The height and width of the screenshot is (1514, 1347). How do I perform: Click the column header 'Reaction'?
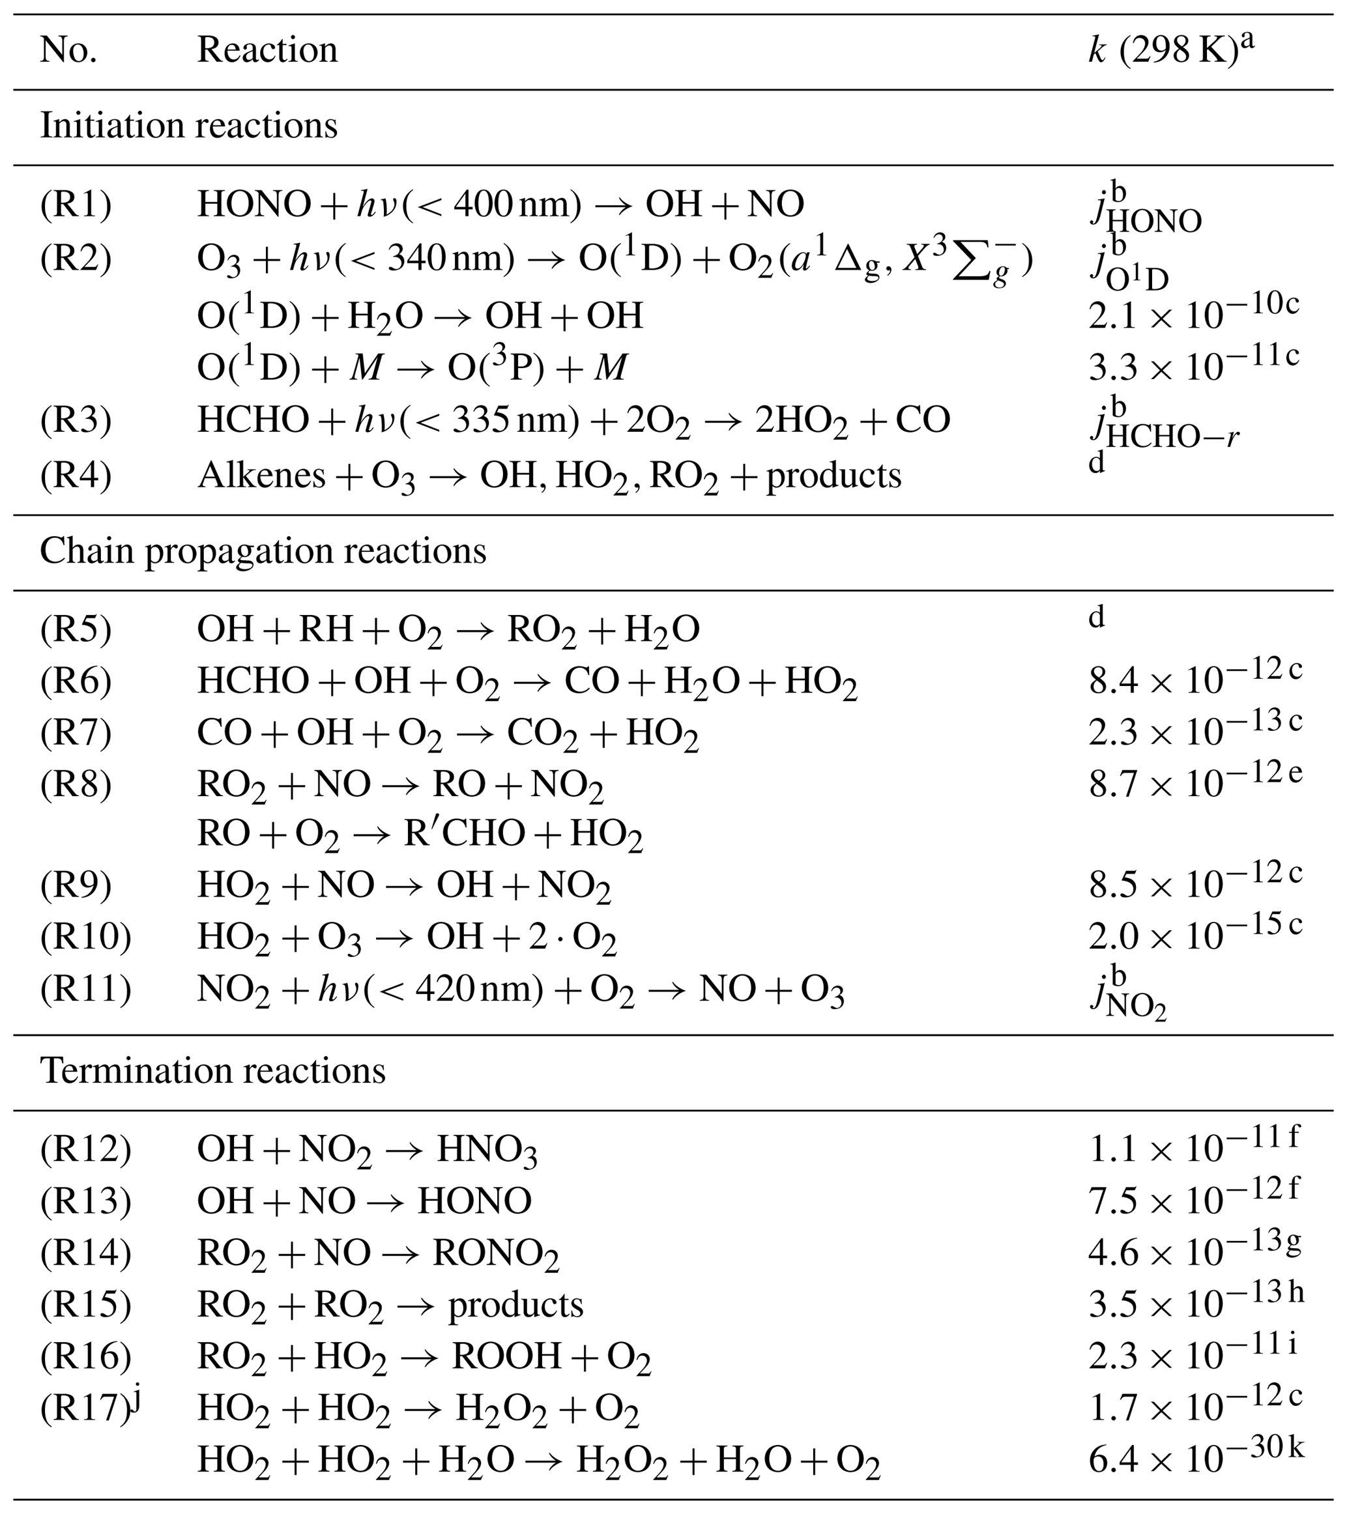pos(267,50)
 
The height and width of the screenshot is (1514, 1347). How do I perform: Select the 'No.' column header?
pos(68,50)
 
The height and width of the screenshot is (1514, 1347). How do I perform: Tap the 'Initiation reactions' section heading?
pos(188,126)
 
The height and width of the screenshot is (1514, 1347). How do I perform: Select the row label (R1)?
pos(76,205)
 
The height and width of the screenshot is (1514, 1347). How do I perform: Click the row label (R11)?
pos(85,990)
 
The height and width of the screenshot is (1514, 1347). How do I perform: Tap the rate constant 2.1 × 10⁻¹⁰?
pos(1193,314)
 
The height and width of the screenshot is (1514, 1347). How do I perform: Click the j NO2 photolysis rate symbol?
pos(1127,995)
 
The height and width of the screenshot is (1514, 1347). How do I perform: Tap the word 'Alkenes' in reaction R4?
pos(261,476)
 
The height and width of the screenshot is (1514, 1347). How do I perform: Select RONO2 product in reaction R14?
pos(495,1254)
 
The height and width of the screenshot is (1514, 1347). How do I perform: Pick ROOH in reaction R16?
pos(507,1357)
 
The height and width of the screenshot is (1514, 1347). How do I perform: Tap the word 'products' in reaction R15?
pos(515,1305)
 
